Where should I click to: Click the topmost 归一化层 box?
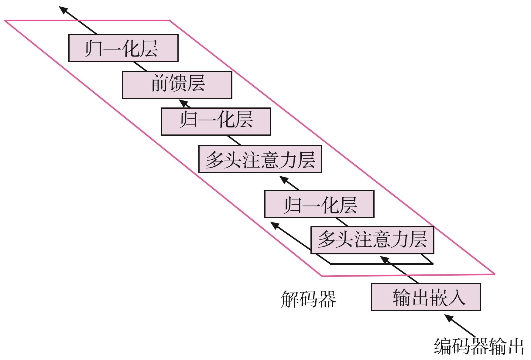click(123, 48)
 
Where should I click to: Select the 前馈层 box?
click(177, 85)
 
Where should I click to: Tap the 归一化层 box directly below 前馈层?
click(216, 121)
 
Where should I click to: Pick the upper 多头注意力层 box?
click(260, 159)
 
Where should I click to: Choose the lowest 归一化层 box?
click(319, 204)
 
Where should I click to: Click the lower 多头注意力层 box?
click(372, 240)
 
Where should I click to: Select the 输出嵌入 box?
click(426, 297)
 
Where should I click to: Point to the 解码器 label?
click(308, 299)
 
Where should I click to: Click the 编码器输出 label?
click(479, 346)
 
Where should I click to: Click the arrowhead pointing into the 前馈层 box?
click(183, 102)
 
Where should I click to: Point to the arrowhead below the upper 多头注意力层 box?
click(284, 179)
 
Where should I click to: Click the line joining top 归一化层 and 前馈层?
click(140, 67)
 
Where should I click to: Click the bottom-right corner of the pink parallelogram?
click(494, 274)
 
